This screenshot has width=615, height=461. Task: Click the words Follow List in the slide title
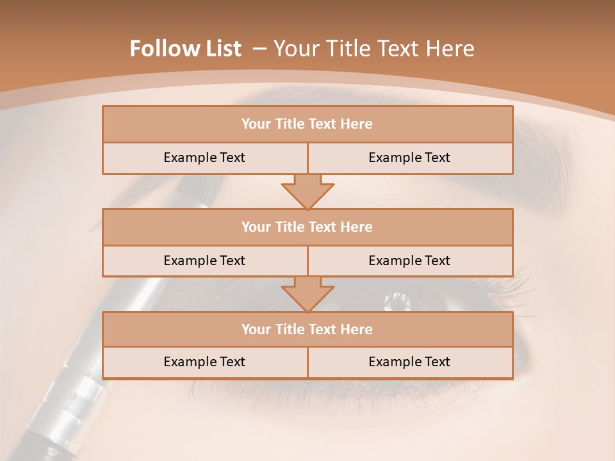click(x=185, y=49)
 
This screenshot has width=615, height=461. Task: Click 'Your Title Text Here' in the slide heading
click(x=374, y=49)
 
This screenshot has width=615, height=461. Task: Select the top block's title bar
click(x=307, y=124)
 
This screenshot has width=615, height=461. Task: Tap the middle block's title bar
click(x=307, y=227)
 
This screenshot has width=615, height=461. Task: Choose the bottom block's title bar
click(x=307, y=329)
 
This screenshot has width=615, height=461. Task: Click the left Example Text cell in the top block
click(x=204, y=158)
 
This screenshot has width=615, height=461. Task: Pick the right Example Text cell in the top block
click(x=409, y=158)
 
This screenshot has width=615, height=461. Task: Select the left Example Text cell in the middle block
click(x=204, y=261)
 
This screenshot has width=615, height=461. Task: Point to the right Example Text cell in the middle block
click(x=409, y=261)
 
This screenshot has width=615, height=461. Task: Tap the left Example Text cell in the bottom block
click(x=204, y=362)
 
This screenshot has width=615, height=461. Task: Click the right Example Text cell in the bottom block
click(x=409, y=362)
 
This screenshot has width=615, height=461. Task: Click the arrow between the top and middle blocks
click(x=307, y=191)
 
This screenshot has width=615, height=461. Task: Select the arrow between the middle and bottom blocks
click(x=307, y=295)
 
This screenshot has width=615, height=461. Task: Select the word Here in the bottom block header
click(x=358, y=329)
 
